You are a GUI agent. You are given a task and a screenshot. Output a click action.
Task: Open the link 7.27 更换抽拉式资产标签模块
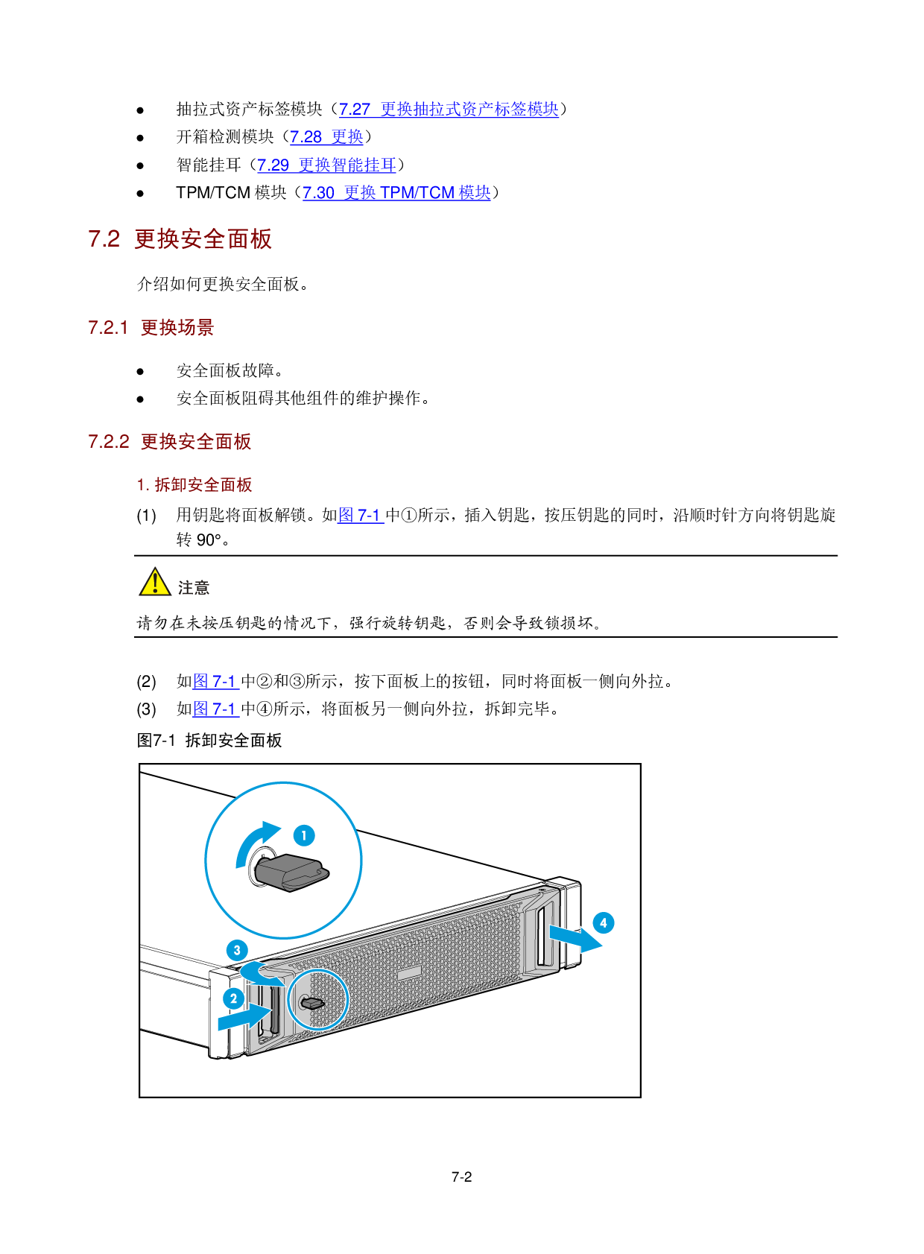[449, 110]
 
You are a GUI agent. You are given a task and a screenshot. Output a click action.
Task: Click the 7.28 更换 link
[326, 137]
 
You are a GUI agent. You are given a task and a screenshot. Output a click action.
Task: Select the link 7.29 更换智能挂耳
[326, 165]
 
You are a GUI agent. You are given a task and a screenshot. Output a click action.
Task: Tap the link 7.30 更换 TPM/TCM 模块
[396, 193]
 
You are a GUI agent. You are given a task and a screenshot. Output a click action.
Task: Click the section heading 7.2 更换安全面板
[180, 239]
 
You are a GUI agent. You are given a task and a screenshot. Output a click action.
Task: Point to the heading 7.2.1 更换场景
[151, 328]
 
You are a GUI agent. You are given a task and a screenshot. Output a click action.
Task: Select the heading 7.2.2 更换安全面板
[170, 442]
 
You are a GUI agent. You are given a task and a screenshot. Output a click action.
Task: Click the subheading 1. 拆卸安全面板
[194, 485]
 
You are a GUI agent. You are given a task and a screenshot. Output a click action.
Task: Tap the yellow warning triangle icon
[155, 583]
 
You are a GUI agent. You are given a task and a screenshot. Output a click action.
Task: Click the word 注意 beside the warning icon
[194, 588]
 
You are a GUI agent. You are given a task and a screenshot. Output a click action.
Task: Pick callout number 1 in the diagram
[304, 835]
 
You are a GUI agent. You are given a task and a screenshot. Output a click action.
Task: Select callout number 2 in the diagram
[233, 998]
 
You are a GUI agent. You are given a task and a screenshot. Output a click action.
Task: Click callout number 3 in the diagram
[237, 950]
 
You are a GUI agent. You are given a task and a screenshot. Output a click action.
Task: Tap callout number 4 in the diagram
[604, 923]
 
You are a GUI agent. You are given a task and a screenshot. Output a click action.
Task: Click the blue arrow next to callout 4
[575, 937]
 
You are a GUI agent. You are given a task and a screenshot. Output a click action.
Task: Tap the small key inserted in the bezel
[313, 1003]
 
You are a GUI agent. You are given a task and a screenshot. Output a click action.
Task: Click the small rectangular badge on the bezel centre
[409, 973]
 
